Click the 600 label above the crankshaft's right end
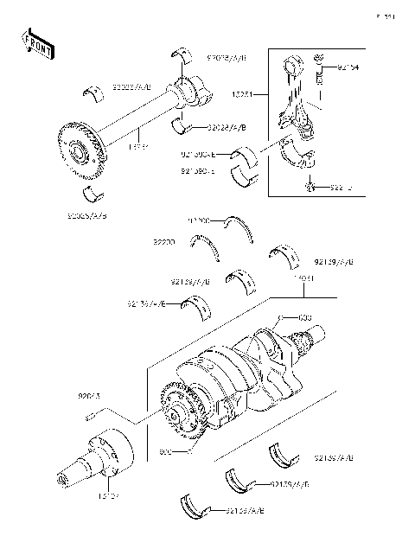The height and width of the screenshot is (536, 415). [x=304, y=317]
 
